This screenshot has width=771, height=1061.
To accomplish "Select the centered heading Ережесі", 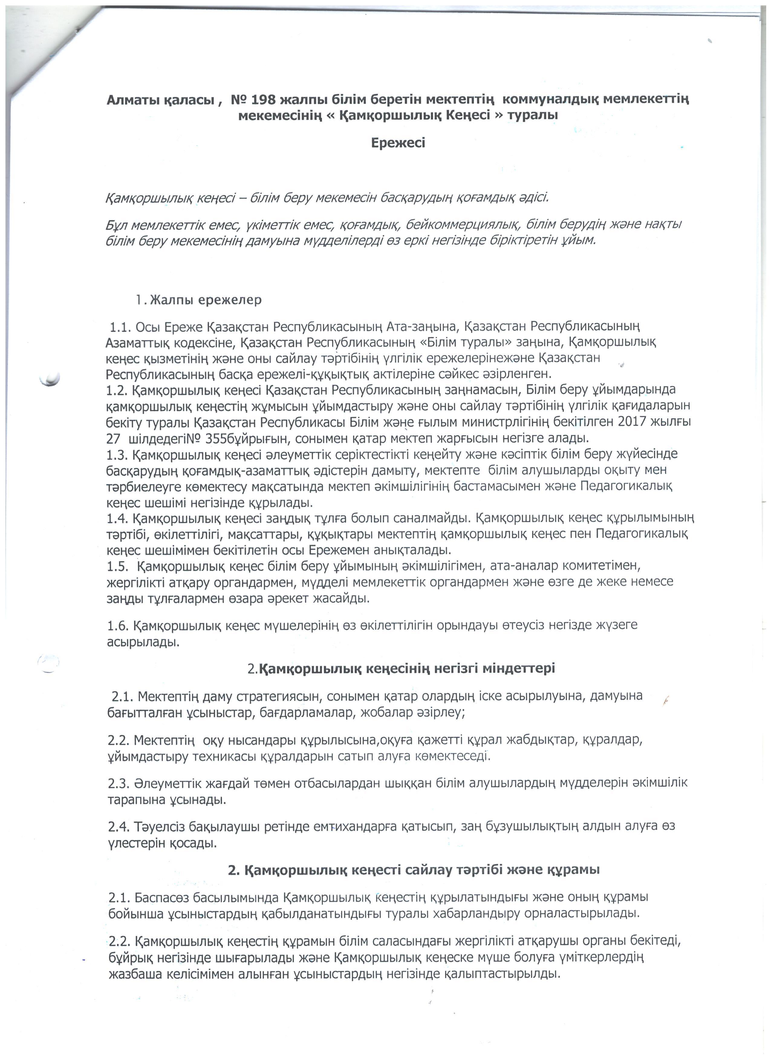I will pyautogui.click(x=398, y=142).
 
